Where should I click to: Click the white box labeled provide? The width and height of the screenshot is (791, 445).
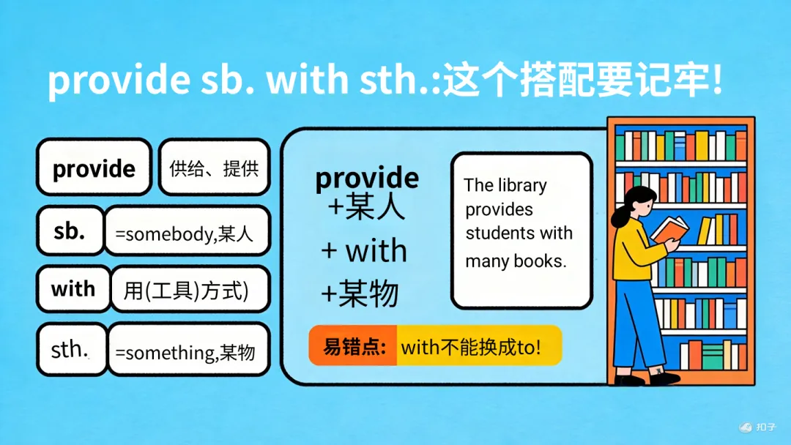[x=94, y=168]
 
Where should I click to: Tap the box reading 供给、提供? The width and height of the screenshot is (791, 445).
[x=214, y=168]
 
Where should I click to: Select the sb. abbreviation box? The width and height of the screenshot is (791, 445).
[x=70, y=231]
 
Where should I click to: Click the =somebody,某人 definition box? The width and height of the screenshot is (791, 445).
[x=187, y=233]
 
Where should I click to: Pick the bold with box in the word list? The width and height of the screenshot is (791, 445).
[x=73, y=288]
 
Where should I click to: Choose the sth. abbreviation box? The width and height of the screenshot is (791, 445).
[x=70, y=349]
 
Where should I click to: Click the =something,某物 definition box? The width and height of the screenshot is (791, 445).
[x=188, y=351]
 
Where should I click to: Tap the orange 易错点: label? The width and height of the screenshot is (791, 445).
[x=354, y=345]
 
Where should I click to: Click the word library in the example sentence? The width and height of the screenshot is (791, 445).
[x=521, y=185]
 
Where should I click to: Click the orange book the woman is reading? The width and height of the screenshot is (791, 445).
[x=670, y=230]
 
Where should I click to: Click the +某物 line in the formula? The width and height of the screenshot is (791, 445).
[x=360, y=293]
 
